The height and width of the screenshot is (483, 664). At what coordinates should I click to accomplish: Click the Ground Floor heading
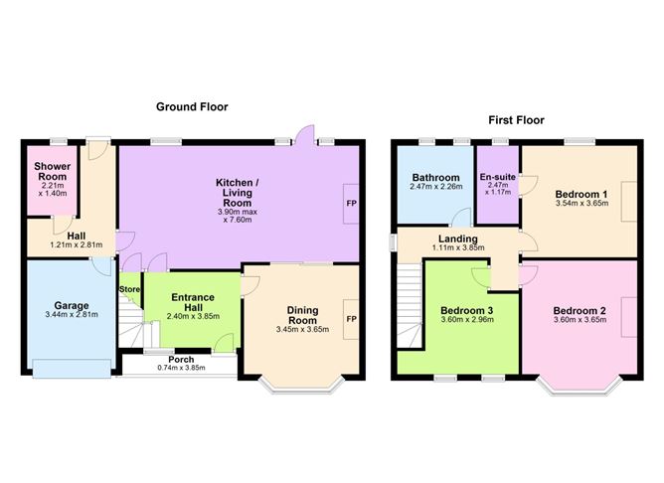pyautogui.click(x=192, y=107)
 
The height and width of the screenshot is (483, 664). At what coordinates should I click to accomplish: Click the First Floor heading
pyautogui.click(x=516, y=120)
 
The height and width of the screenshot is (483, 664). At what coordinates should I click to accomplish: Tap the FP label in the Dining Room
pyautogui.click(x=352, y=319)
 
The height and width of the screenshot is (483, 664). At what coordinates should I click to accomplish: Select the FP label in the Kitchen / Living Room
pyautogui.click(x=352, y=203)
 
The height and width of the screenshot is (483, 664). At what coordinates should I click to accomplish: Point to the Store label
pyautogui.click(x=129, y=289)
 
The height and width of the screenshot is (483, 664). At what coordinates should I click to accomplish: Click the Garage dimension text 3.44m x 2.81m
pyautogui.click(x=72, y=314)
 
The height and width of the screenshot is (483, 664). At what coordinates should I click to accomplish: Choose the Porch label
pyautogui.click(x=181, y=360)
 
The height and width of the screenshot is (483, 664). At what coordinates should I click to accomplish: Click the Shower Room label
pyautogui.click(x=53, y=172)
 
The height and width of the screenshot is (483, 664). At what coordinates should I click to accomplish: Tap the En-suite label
pyautogui.click(x=498, y=177)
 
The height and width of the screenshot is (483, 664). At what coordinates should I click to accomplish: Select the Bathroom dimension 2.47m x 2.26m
pyautogui.click(x=436, y=186)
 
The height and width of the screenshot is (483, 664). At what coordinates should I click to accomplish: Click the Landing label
pyautogui.click(x=458, y=240)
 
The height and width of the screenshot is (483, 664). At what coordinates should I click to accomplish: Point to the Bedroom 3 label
pyautogui.click(x=466, y=311)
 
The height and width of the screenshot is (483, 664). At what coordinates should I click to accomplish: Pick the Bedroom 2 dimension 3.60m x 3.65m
pyautogui.click(x=580, y=320)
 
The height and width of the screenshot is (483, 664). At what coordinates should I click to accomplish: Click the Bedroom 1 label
pyautogui.click(x=581, y=195)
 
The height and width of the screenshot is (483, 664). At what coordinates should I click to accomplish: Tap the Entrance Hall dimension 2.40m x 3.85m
pyautogui.click(x=193, y=316)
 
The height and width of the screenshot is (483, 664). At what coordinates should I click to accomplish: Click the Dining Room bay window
pyautogui.click(x=301, y=385)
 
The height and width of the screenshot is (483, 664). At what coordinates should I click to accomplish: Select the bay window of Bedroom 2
pyautogui.click(x=580, y=386)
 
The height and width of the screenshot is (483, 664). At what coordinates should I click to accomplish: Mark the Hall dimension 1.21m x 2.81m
pyautogui.click(x=77, y=244)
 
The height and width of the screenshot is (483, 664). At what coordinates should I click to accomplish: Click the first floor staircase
pyautogui.click(x=410, y=305)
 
